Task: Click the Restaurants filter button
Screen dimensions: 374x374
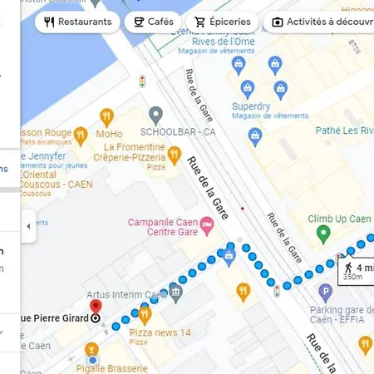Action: [77, 22]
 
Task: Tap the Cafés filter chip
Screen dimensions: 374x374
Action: [150, 22]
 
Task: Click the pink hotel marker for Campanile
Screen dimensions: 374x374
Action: [208, 224]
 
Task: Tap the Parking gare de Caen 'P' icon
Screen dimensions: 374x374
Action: [326, 293]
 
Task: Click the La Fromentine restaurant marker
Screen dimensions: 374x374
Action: [174, 155]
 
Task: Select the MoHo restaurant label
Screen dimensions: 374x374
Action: [108, 133]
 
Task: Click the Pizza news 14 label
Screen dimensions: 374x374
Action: [160, 332]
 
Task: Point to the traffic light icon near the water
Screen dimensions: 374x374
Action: [142, 81]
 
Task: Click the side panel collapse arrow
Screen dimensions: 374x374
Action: [28, 226]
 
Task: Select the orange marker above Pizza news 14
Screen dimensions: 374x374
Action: [145, 314]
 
